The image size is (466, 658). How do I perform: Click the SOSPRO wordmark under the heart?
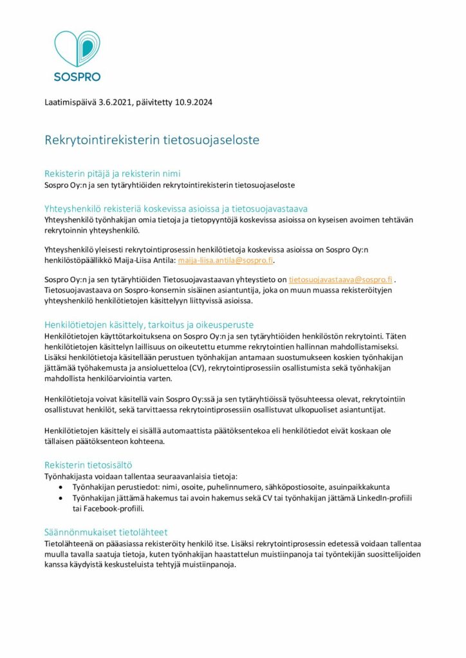point(77,76)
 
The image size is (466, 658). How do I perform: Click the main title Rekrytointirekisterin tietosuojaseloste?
point(151,139)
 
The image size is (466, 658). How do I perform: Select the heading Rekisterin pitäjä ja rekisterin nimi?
point(112,173)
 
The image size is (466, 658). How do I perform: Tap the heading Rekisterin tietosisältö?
point(89,464)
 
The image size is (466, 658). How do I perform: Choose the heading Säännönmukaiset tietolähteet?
point(106,532)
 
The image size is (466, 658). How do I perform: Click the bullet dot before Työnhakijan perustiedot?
point(61,487)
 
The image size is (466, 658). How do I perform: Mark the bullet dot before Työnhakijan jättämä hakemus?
point(61,498)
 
